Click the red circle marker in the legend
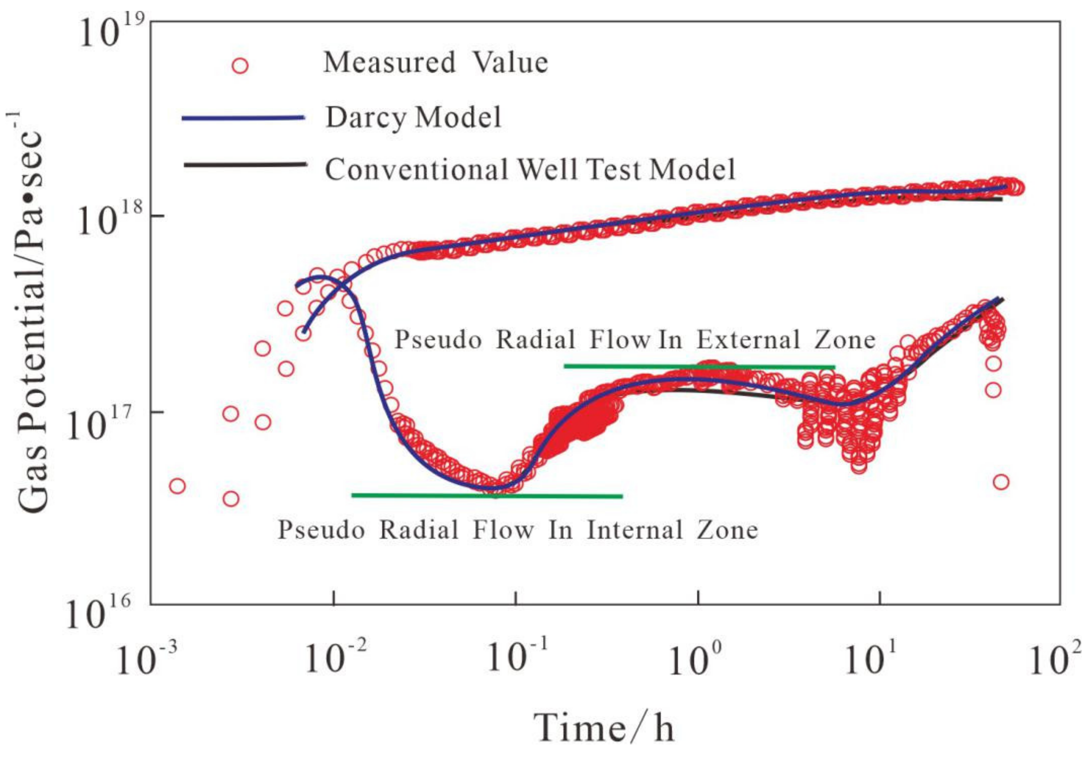coord(240,65)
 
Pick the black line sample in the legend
coord(244,164)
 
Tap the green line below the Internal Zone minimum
coord(487,496)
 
